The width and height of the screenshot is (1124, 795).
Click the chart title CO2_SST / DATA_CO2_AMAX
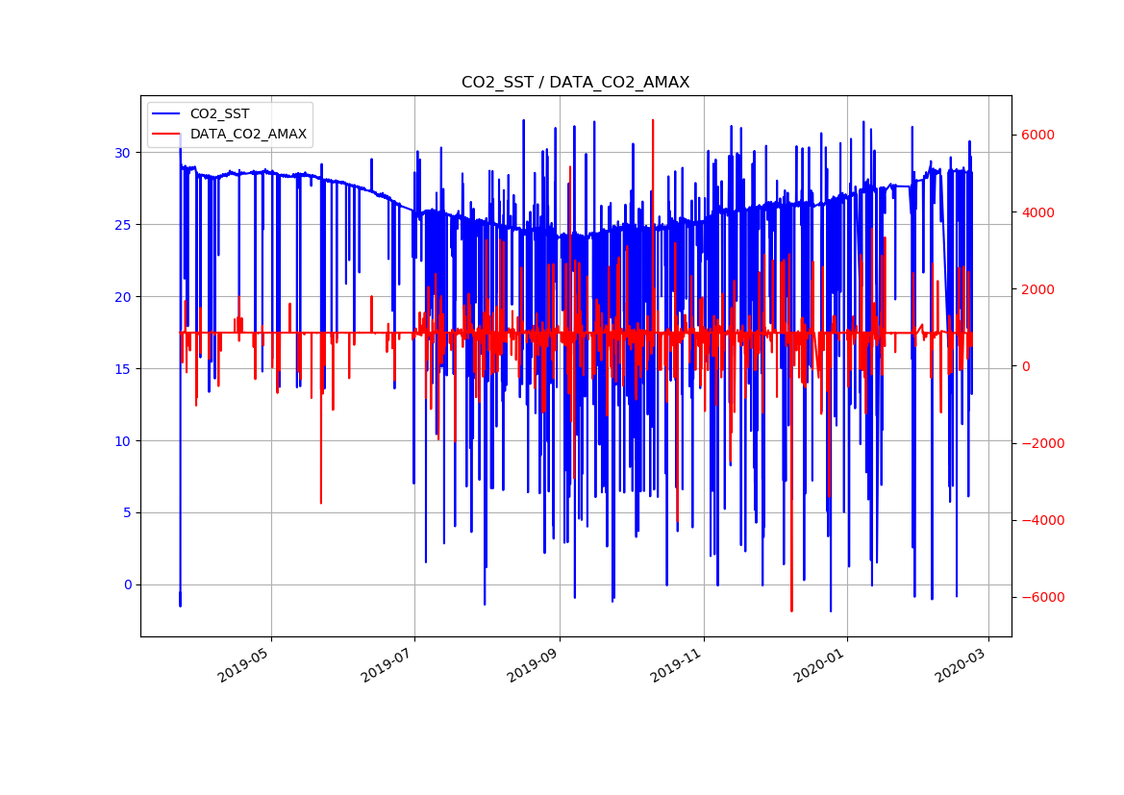pos(575,83)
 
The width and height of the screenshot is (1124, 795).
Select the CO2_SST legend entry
pos(219,114)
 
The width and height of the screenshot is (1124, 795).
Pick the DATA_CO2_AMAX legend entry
pos(248,135)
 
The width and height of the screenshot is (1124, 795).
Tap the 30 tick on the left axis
pos(122,153)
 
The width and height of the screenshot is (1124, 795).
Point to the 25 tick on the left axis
pos(122,225)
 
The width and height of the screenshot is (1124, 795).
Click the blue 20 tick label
pos(122,297)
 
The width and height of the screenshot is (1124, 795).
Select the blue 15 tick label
pos(122,369)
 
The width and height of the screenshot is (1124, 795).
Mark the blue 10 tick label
pos(122,441)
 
